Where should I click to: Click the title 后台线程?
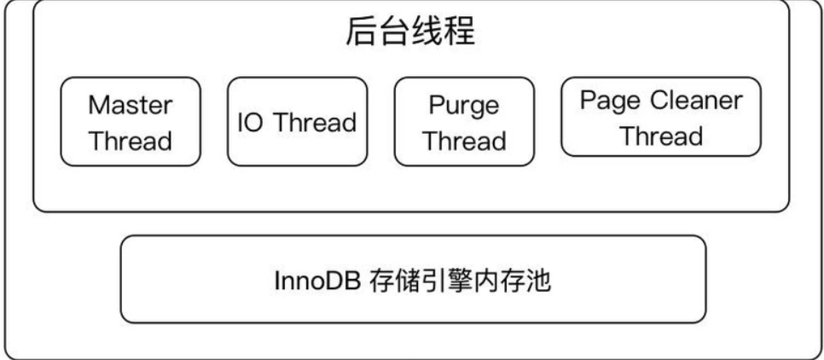click(410, 34)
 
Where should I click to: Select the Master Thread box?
click(131, 121)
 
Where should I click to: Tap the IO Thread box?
click(297, 121)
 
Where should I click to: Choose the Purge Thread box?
click(465, 121)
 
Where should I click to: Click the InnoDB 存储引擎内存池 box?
click(413, 278)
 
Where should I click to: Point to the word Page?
click(607, 101)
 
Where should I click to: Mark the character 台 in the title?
click(394, 34)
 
